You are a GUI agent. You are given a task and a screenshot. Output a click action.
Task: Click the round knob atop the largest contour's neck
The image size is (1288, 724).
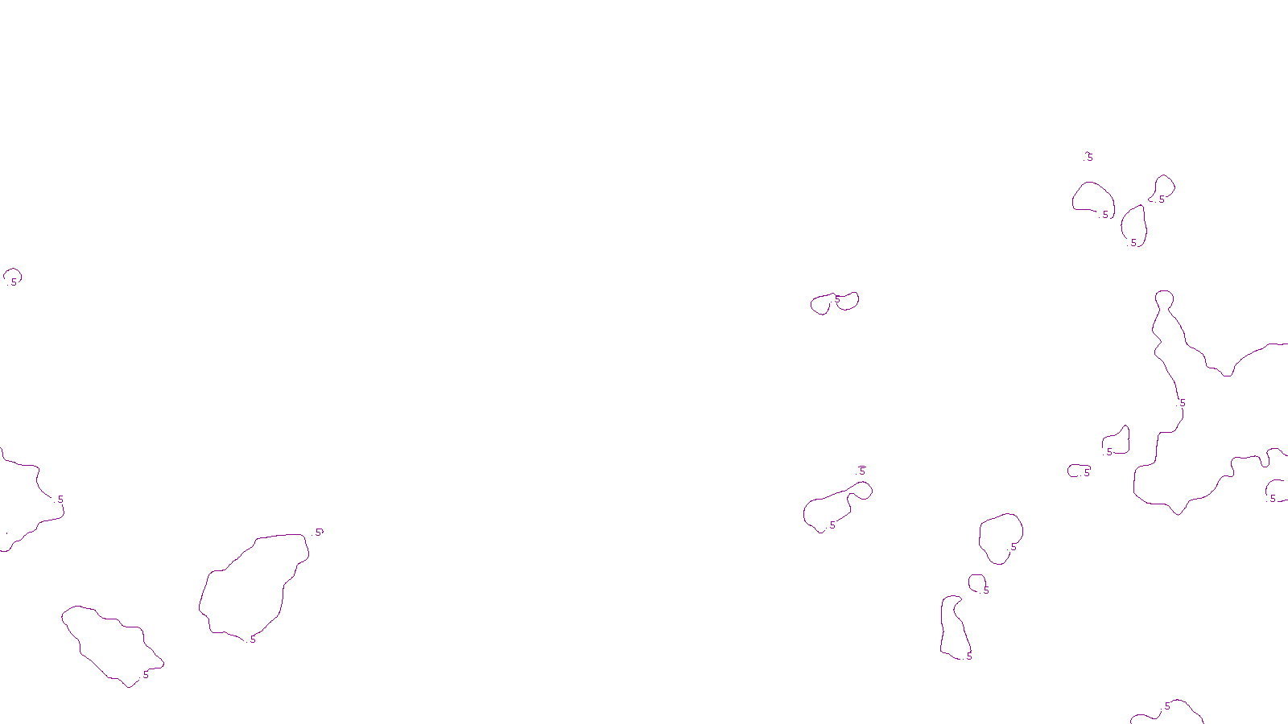pos(1164,300)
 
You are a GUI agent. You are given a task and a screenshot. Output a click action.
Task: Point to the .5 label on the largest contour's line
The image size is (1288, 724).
pos(1183,403)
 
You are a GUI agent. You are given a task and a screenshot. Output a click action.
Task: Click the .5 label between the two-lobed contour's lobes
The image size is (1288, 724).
pos(837,299)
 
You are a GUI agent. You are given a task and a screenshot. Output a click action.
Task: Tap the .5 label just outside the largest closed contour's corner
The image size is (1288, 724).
pos(319,532)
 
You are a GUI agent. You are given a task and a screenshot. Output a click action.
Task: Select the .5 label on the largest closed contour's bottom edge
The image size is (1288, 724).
pos(253,640)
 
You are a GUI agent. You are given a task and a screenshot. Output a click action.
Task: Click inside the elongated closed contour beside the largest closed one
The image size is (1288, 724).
pos(113,644)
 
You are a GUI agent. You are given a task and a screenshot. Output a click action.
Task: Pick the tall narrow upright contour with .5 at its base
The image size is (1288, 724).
pos(955,627)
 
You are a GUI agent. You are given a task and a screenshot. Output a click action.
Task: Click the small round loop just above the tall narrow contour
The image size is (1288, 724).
pos(976,582)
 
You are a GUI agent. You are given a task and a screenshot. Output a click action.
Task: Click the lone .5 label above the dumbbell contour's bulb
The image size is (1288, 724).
pos(862,471)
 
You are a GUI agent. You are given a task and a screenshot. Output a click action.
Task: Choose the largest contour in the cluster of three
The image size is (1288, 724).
pos(1092,197)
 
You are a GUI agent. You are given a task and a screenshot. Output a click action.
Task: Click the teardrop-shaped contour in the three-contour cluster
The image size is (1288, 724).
pos(1134,224)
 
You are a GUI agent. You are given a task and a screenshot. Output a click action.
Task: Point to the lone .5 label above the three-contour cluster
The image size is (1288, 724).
pos(1089,157)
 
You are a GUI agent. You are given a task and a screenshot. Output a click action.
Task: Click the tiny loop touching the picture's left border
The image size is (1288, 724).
pos(11,277)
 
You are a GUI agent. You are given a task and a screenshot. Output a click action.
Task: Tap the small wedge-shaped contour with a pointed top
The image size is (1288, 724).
pos(1117,442)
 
